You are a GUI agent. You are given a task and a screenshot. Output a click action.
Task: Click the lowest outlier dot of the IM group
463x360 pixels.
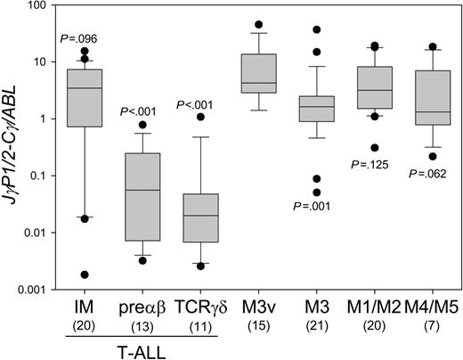[85, 274]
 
